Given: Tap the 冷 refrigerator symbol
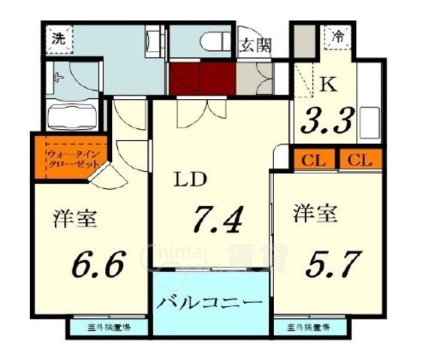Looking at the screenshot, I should pyautogui.click(x=339, y=35).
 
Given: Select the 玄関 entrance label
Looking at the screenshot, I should pyautogui.click(x=255, y=45).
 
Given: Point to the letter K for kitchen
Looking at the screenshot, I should pyautogui.click(x=327, y=84).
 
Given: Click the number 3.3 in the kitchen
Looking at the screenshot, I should pyautogui.click(x=326, y=119).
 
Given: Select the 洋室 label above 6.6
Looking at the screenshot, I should pyautogui.click(x=75, y=220).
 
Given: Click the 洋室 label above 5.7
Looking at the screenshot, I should pyautogui.click(x=314, y=214).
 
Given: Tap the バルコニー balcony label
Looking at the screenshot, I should pyautogui.click(x=210, y=304).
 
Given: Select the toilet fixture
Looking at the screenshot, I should pyautogui.click(x=214, y=39).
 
